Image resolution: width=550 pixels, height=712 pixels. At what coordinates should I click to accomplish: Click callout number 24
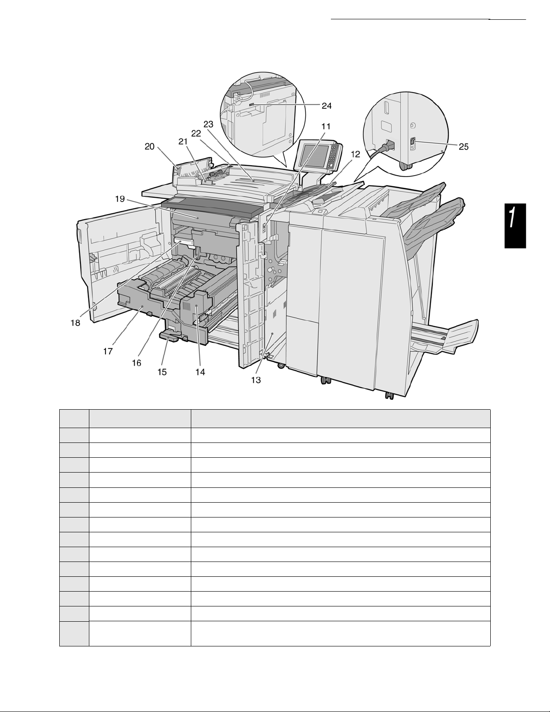click(326, 106)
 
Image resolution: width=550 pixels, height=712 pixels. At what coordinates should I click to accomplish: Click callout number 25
click(463, 146)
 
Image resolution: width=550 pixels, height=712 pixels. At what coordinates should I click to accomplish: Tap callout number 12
click(355, 154)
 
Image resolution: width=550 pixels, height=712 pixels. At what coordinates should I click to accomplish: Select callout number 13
click(255, 380)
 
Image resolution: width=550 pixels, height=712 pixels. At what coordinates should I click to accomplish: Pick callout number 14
click(200, 371)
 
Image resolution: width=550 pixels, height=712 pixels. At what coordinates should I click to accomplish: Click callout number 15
click(162, 371)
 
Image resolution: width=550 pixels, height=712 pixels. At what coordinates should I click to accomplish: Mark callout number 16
click(136, 363)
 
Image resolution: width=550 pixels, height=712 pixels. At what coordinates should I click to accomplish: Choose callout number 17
click(108, 351)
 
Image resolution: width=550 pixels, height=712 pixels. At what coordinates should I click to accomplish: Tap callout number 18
click(75, 323)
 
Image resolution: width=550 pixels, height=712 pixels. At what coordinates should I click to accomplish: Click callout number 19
click(119, 199)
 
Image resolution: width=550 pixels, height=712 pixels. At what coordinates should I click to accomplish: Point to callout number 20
click(150, 146)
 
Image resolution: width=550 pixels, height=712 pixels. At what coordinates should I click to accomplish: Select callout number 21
click(182, 142)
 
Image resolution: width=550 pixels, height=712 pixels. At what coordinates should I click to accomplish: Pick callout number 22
click(196, 133)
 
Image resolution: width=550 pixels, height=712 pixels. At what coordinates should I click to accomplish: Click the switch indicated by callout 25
click(413, 143)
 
